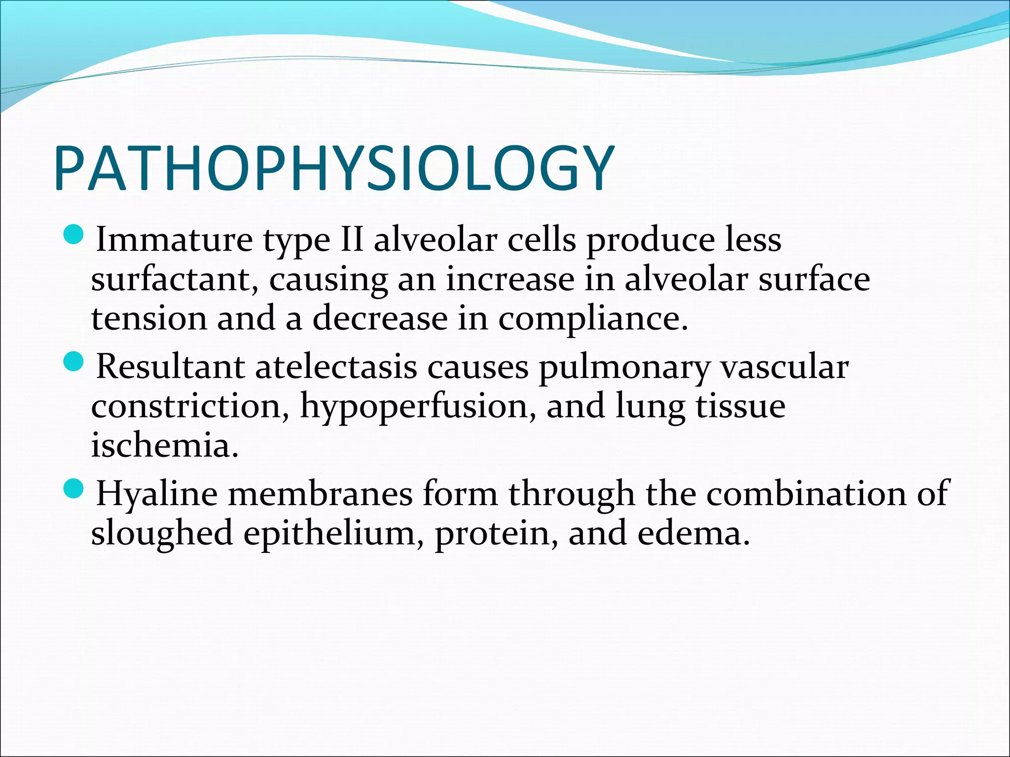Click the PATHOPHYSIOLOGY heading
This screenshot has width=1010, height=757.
pyautogui.click(x=334, y=169)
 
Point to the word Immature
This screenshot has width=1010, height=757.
pyautogui.click(x=174, y=240)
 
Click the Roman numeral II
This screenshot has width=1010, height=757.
pyautogui.click(x=352, y=240)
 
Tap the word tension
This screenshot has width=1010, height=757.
pyautogui.click(x=149, y=318)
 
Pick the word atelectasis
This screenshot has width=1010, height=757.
pyautogui.click(x=336, y=368)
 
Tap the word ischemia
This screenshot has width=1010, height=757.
pyautogui.click(x=165, y=445)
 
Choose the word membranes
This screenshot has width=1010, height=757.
pyautogui.click(x=320, y=494)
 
